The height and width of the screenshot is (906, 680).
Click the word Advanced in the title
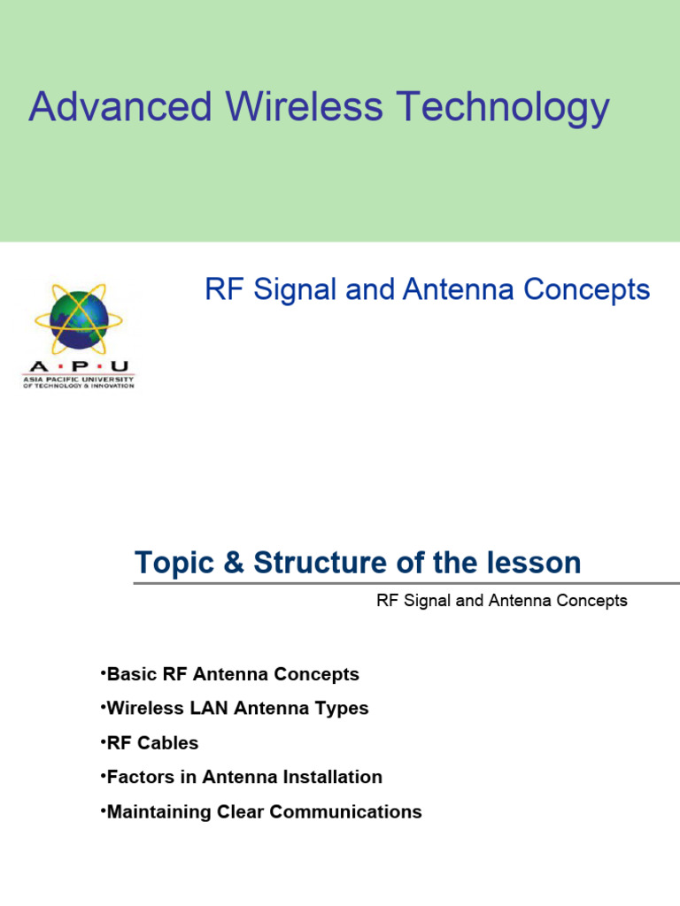click(x=120, y=107)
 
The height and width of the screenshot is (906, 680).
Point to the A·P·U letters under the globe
click(x=78, y=365)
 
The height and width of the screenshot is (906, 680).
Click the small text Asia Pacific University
click(x=78, y=379)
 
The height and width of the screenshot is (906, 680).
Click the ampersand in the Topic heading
click(x=233, y=563)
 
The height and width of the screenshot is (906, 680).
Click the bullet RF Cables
click(x=151, y=743)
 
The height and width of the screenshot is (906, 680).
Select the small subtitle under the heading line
click(x=501, y=601)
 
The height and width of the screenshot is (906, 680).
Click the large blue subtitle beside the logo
click(x=427, y=289)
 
